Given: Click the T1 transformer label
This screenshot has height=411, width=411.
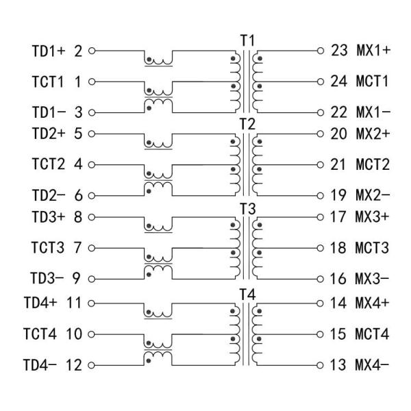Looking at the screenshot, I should point(247,40).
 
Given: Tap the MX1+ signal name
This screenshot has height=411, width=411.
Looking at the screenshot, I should point(373,51).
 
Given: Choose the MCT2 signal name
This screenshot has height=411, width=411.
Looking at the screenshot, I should point(372,165).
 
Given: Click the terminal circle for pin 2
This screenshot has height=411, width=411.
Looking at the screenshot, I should point(91,51).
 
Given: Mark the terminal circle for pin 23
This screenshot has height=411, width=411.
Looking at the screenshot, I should point(319,51).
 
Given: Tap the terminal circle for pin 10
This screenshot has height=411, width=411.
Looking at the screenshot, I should point(91,334).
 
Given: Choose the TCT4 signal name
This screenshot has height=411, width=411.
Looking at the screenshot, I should point(40,334).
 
